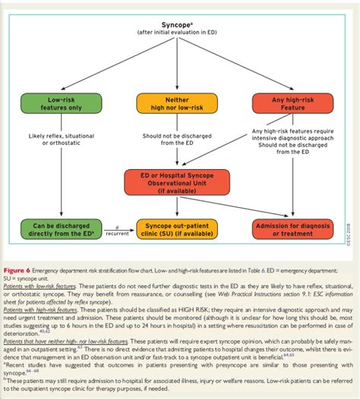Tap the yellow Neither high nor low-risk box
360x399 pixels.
[178, 104]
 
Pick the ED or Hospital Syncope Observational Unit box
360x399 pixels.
[178, 181]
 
